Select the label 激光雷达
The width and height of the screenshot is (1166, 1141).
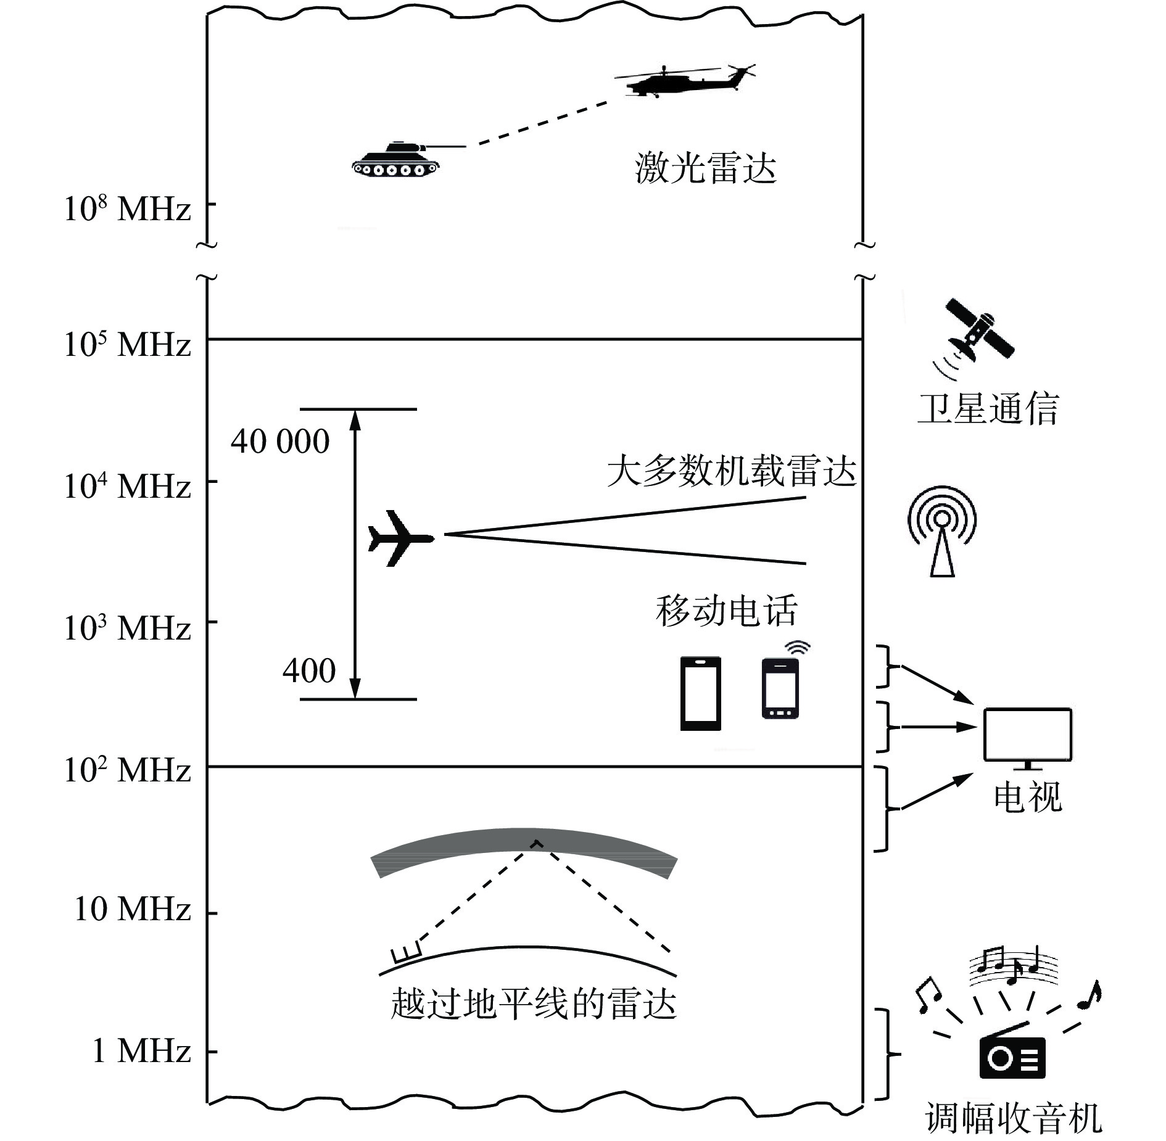705,168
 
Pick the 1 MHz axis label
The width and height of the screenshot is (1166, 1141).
141,1050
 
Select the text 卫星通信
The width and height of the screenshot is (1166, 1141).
988,408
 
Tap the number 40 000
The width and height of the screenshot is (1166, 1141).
280,442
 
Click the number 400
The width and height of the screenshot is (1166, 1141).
308,670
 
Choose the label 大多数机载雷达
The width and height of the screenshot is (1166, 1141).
732,472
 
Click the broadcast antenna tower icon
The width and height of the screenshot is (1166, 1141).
942,531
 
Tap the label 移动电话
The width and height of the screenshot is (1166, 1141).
727,611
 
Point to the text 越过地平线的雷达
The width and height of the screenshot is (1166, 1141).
534,1003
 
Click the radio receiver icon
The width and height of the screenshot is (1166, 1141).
1012,1058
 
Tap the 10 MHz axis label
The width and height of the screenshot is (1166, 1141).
132,909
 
